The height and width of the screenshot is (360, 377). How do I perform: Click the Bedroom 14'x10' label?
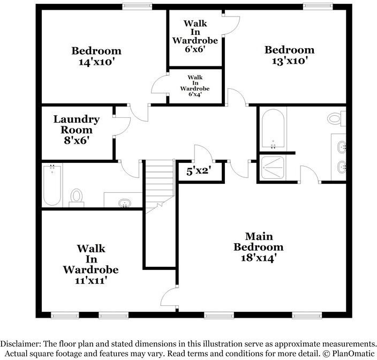point(96,56)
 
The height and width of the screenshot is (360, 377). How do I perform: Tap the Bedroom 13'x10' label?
point(289,55)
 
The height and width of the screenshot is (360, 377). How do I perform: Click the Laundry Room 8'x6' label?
point(76,130)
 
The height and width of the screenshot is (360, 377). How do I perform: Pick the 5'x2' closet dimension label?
point(198,171)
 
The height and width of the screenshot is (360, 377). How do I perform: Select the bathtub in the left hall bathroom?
point(52,185)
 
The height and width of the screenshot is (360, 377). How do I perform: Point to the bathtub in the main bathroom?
point(273,129)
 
